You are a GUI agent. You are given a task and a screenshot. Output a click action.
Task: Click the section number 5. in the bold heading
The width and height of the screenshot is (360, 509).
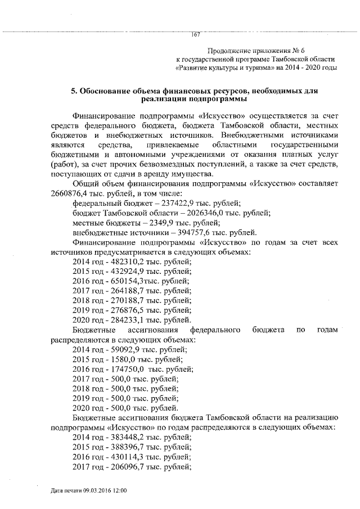click(x=73, y=90)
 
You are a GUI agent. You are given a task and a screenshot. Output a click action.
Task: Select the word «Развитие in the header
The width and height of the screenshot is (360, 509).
click(x=195, y=67)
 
